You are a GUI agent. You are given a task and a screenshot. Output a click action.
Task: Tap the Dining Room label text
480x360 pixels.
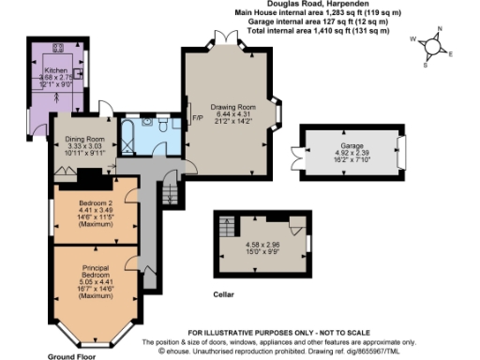click(x=84, y=140)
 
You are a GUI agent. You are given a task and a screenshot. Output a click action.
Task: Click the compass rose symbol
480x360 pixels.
click(x=432, y=46)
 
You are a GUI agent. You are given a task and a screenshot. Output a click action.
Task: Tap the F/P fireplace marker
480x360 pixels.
click(x=197, y=118)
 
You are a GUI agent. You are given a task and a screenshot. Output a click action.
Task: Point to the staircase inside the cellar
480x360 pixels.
click(x=226, y=227)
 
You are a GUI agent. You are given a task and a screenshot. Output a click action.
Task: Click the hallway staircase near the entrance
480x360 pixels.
click(x=171, y=194)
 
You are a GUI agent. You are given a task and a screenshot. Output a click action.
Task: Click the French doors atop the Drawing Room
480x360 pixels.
click(x=226, y=37)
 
